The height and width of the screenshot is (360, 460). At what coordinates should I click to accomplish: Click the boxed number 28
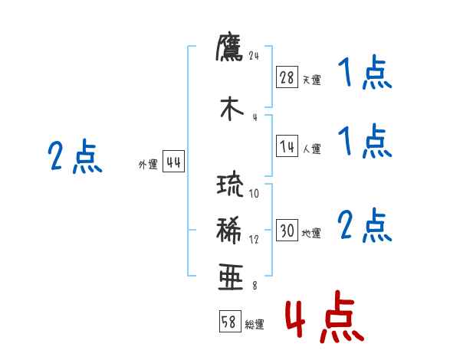click(287, 77)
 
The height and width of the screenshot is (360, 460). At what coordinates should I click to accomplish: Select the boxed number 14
click(287, 147)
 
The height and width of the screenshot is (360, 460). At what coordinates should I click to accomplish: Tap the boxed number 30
click(287, 231)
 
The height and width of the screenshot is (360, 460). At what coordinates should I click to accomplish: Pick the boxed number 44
click(174, 162)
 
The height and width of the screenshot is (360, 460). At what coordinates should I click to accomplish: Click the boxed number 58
click(229, 322)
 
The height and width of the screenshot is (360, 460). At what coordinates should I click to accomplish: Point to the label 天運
click(311, 80)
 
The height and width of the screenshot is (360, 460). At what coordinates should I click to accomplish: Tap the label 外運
click(148, 165)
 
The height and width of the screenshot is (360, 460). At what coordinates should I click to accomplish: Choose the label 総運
click(254, 325)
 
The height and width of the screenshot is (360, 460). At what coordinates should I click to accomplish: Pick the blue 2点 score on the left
click(74, 157)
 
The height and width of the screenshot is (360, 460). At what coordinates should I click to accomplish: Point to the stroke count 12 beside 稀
click(255, 239)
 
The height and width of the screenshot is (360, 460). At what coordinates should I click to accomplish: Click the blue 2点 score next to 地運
click(365, 226)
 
